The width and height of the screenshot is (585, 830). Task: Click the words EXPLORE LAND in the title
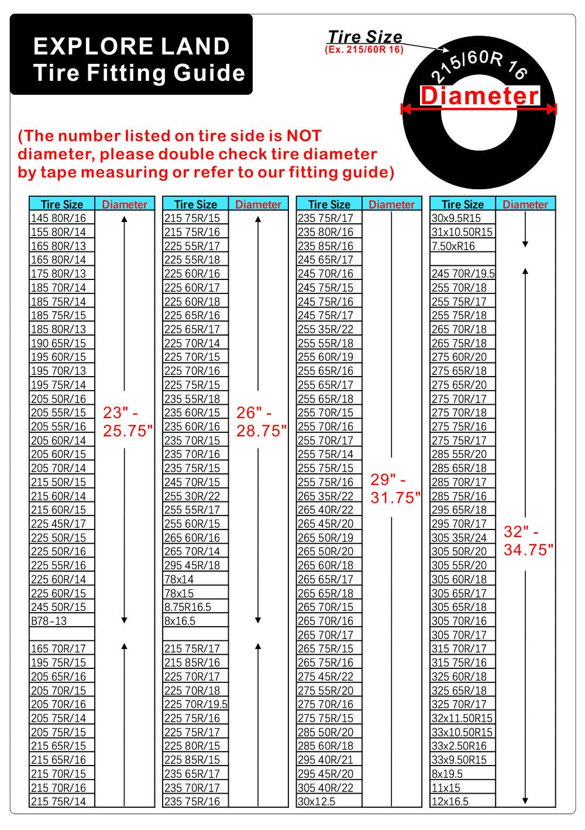132,46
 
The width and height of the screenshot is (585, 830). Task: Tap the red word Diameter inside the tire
479,96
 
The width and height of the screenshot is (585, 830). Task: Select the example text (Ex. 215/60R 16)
364,50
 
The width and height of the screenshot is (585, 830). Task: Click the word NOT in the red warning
304,136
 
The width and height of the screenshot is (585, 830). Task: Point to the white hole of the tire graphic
479,131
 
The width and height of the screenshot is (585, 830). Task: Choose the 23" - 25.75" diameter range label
127,422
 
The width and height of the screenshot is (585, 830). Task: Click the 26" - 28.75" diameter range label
261,422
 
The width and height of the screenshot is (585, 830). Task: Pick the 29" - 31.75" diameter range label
395,489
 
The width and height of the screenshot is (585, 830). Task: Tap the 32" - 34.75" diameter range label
528,541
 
